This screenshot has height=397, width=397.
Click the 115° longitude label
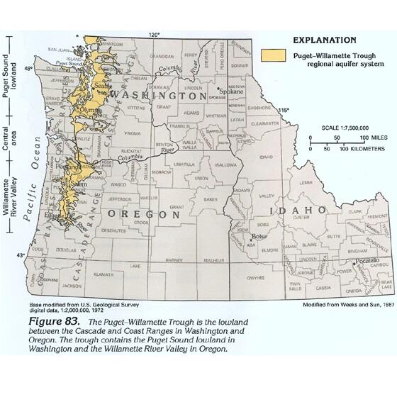[x=284, y=110]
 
